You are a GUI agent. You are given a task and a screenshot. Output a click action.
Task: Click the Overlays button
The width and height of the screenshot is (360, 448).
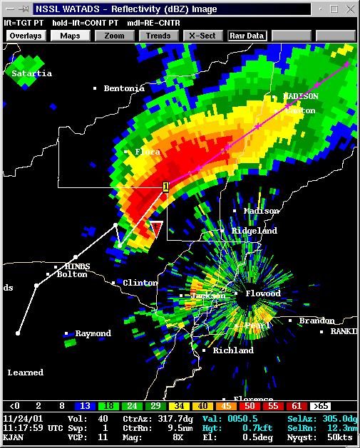point(26,36)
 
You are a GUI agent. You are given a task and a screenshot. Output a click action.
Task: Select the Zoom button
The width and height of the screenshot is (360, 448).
point(114,36)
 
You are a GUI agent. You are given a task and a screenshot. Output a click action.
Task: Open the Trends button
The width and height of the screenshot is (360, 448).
point(158,36)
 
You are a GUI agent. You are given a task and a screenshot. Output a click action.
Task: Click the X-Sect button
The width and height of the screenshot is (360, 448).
point(202,36)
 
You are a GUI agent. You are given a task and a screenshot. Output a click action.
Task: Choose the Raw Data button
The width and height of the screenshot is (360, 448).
point(247,36)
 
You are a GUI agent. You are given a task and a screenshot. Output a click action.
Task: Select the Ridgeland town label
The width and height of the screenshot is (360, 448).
point(254,231)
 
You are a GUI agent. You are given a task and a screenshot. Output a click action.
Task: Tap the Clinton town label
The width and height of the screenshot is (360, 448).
point(140,283)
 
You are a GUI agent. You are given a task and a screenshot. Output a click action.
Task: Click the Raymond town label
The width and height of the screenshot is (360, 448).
point(93,333)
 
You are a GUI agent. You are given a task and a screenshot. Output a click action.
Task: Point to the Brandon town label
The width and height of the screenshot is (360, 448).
point(316,321)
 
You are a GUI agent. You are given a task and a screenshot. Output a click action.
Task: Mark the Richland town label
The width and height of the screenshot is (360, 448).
point(232,350)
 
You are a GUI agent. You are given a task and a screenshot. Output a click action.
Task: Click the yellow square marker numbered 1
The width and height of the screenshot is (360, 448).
point(165,187)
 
